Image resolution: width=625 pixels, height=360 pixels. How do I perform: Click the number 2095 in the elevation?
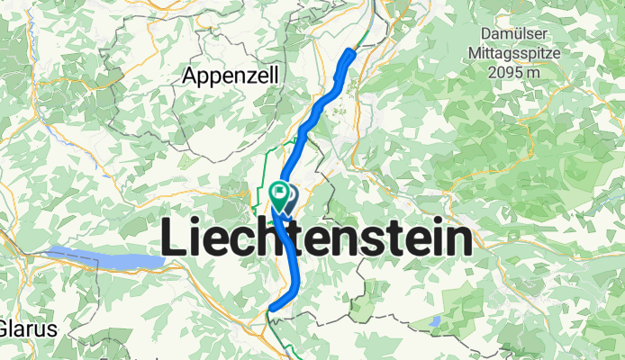click(503, 73)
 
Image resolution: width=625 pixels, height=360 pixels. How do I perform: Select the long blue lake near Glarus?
click(104, 258)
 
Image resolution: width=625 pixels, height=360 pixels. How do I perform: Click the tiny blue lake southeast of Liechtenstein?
click(437, 321)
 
